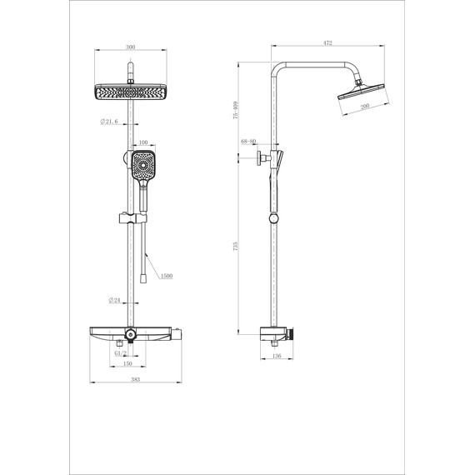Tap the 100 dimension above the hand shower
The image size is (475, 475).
pos(143,143)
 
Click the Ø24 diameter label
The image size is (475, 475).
pos(115,300)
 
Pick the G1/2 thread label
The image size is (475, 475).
pos(120,352)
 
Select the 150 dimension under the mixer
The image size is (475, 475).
pos(128,364)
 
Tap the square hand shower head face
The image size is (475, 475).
pos(143,166)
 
